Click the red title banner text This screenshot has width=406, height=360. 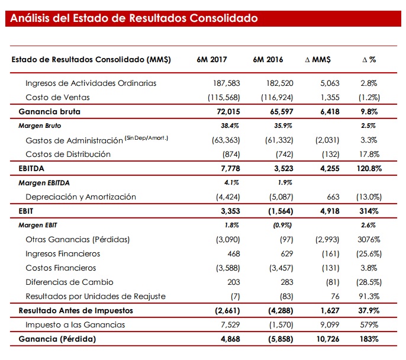tap(134, 18)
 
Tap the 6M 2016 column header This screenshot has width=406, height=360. tap(268, 60)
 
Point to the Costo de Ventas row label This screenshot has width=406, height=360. tap(58, 97)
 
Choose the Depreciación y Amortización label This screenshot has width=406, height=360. tap(81, 197)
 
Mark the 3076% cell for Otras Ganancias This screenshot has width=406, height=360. tap(369, 239)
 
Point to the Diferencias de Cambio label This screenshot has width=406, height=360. tap(70, 282)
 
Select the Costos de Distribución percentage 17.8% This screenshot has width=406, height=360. tap(369, 154)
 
